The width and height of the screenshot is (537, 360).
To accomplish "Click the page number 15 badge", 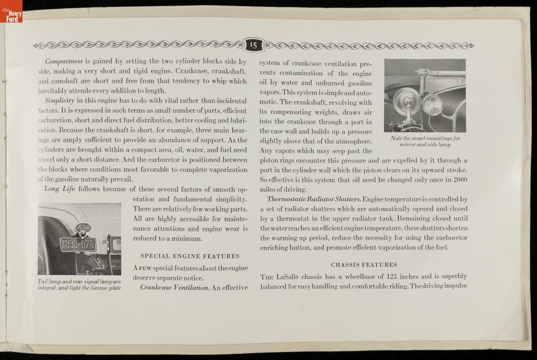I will tap(253, 45).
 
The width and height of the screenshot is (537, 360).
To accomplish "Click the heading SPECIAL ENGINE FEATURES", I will tap(190, 256).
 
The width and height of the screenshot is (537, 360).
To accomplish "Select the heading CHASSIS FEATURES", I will tap(364, 265).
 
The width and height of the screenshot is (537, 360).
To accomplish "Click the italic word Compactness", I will tap(64, 61).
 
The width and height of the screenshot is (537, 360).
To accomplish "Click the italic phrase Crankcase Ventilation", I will tap(175, 288).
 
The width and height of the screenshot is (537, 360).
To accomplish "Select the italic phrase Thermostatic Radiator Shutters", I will tap(313, 199).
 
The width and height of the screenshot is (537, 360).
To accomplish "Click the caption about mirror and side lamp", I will tap(425, 141).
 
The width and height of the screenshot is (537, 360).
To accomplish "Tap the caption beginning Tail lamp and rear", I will tap(79, 284).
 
